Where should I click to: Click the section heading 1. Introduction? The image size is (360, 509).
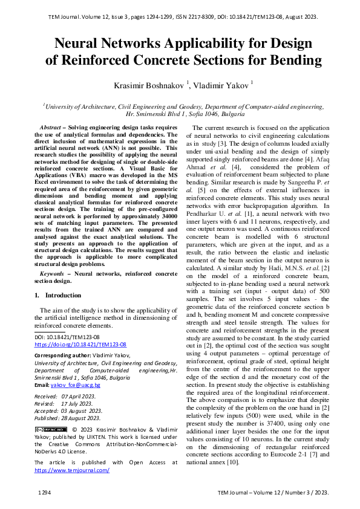pyautogui.click(x=57, y=295)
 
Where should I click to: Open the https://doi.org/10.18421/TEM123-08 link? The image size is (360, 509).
pyautogui.click(x=80, y=344)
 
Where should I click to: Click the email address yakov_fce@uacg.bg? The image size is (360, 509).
pyautogui.click(x=75, y=384)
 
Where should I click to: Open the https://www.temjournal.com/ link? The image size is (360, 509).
pyautogui.click(x=71, y=469)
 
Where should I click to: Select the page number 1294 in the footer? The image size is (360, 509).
pyautogui.click(x=44, y=493)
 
